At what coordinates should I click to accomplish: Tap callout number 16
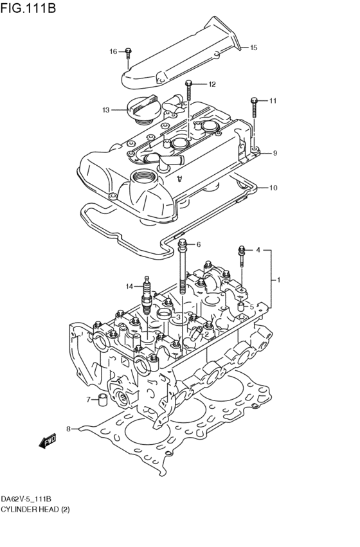[113, 51]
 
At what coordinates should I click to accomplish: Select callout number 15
[253, 48]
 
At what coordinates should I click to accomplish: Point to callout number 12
[212, 84]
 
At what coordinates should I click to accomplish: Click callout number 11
[273, 101]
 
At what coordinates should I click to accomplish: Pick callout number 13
[106, 110]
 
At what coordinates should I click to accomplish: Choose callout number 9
[274, 153]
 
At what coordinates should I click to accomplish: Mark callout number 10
[273, 188]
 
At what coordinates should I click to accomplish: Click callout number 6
[199, 244]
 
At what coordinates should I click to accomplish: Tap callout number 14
[129, 287]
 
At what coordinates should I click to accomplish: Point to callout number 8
[68, 429]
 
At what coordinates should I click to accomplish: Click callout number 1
[279, 280]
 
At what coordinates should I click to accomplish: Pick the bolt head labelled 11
[255, 100]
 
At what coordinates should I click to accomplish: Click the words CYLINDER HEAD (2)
[35, 509]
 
